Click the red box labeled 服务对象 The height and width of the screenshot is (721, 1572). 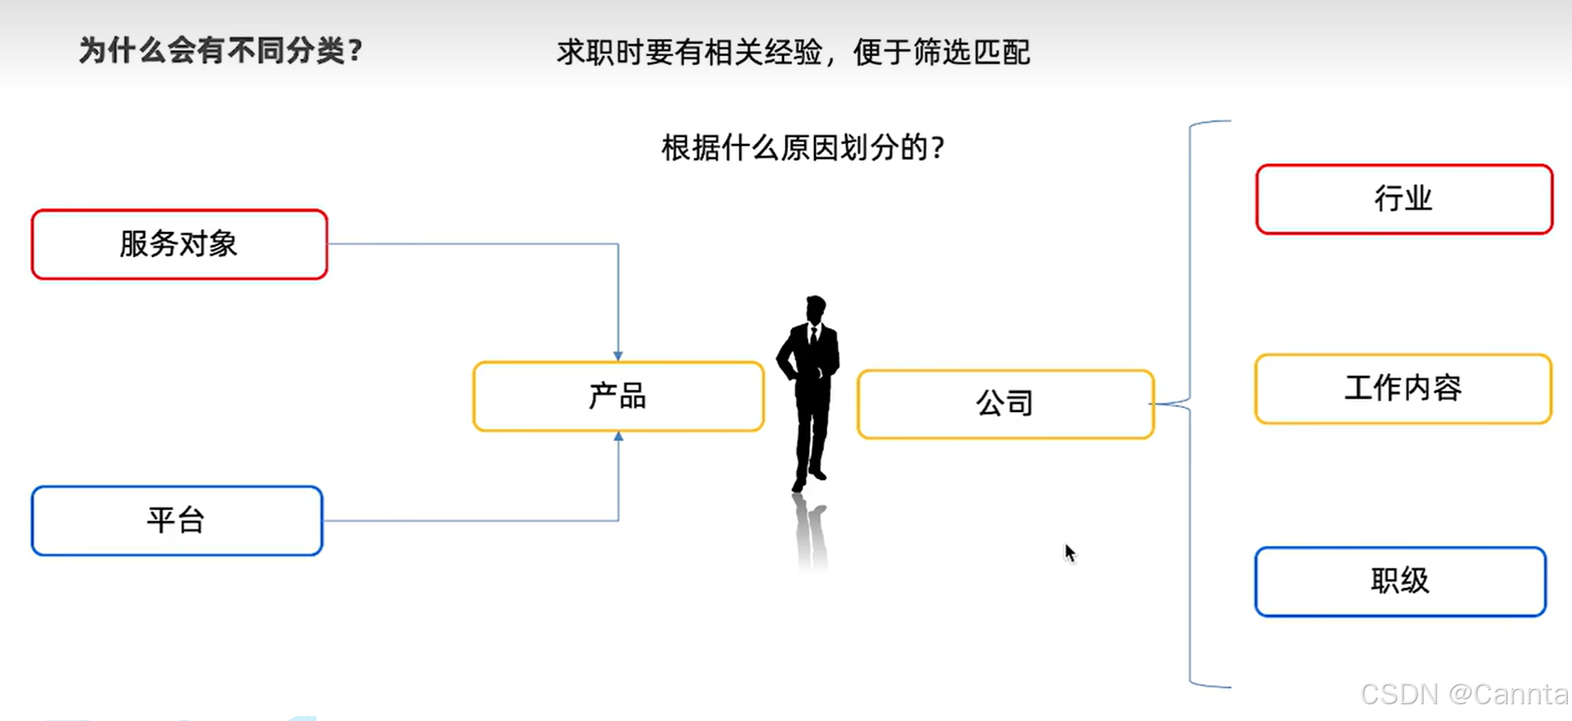click(x=179, y=245)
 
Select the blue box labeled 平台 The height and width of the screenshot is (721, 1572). click(x=177, y=521)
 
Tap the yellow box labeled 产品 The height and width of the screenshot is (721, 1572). click(x=618, y=397)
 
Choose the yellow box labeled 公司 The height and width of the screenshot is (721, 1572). click(x=1005, y=404)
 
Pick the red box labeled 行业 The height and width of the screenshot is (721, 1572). click(x=1404, y=199)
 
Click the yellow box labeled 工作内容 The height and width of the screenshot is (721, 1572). click(x=1403, y=389)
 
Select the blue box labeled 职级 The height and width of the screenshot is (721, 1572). click(x=1400, y=582)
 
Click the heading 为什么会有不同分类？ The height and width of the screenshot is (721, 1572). click(x=221, y=51)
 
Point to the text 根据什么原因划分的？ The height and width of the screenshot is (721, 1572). click(x=803, y=148)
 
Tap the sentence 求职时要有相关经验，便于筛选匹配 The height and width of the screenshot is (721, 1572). click(x=793, y=53)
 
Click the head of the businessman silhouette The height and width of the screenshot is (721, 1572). click(x=815, y=308)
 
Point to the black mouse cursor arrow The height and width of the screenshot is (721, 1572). click(x=1069, y=553)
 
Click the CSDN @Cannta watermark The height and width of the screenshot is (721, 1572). click(x=1464, y=694)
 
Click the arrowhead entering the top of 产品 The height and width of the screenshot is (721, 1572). click(x=618, y=356)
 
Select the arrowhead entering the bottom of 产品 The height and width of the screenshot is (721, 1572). click(x=618, y=437)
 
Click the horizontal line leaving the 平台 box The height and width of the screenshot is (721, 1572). click(x=469, y=521)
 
